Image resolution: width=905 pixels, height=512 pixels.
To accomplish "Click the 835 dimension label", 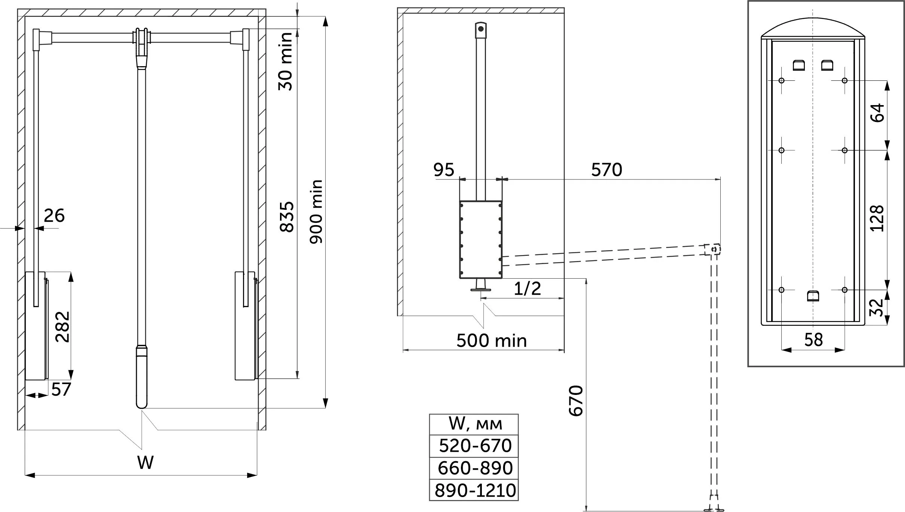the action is point(287,217).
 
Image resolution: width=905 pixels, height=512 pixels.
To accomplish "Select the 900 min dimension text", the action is point(316,212).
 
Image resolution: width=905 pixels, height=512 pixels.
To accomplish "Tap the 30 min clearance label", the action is point(286,61).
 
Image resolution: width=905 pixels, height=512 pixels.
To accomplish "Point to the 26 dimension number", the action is point(54,215).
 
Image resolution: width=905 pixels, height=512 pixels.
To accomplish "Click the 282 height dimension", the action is point(62,327).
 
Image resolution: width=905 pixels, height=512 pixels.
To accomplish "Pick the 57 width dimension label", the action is point(61,389).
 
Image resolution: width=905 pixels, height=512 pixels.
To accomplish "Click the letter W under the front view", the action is point(145,463).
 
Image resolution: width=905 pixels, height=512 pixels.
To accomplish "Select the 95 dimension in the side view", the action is point(444,170).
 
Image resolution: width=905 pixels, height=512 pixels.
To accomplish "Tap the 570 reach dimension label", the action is point(607,170).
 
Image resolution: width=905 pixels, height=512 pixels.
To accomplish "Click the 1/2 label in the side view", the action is point(527,288).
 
